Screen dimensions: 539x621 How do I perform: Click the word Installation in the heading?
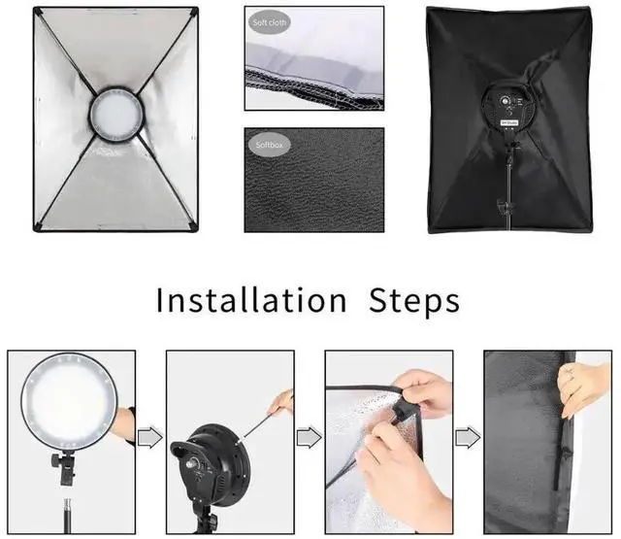point(250,300)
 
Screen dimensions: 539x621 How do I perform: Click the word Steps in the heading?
point(414,300)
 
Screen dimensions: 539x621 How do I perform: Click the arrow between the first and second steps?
point(150,439)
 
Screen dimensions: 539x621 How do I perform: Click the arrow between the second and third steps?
point(309,439)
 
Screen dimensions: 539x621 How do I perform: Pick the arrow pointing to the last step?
point(468,439)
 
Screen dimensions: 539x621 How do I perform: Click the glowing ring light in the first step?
point(67,399)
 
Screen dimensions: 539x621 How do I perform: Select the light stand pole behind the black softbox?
point(509,185)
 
